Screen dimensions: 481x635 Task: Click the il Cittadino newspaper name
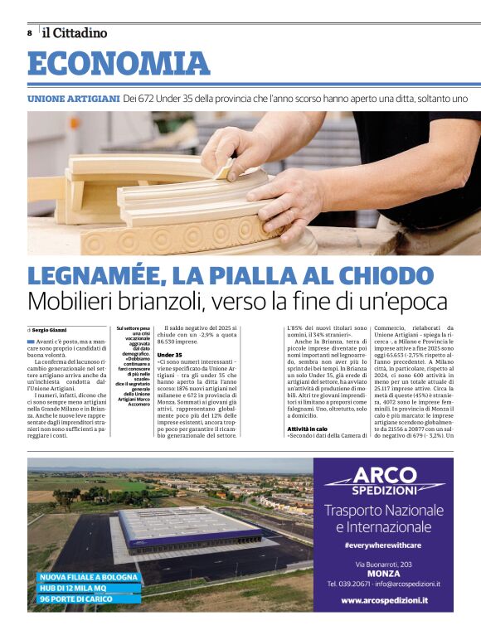coord(75,33)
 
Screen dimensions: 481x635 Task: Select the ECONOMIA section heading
coord(119,64)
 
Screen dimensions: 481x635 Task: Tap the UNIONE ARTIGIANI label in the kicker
coord(73,98)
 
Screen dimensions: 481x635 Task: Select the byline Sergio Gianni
coord(54,330)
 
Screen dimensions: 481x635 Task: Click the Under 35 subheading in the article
coord(169,355)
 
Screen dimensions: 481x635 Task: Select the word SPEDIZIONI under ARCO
coord(385,492)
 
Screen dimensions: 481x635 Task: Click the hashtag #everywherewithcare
coord(384,544)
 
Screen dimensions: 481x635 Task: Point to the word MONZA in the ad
coord(384,572)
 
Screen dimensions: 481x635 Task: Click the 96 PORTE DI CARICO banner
coord(76,599)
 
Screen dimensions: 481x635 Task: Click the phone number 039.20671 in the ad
coord(352,584)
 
